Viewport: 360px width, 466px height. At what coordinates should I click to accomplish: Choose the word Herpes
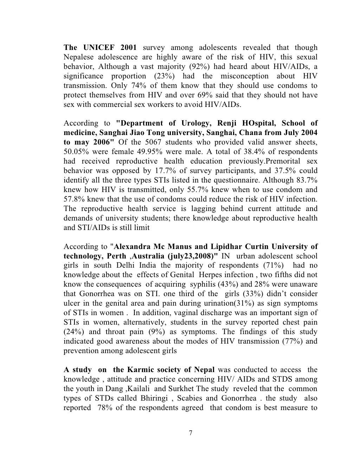tap(212, 275)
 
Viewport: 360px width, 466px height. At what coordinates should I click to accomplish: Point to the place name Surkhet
tap(184, 389)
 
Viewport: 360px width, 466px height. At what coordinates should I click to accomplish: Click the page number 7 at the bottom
tap(190, 433)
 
